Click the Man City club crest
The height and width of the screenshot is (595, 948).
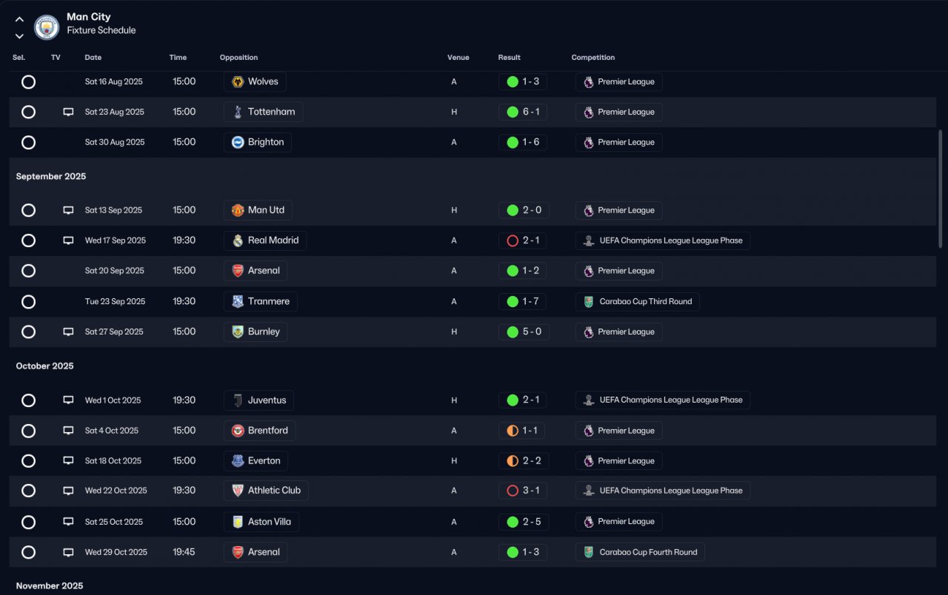[47, 27]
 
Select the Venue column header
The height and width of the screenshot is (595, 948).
[458, 58]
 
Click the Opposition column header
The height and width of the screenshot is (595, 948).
[238, 58]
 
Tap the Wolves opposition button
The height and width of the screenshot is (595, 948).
[255, 81]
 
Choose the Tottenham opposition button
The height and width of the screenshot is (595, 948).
[263, 112]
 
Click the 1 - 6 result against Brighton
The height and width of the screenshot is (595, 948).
[523, 142]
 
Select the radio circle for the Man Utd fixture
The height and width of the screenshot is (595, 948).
[28, 210]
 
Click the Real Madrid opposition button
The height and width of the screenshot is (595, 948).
[264, 241]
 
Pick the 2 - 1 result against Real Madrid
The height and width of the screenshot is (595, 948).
[523, 241]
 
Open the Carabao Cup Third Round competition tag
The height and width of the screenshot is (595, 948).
[637, 301]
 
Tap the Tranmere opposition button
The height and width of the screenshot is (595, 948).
[261, 301]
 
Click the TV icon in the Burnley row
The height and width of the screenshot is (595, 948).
[68, 332]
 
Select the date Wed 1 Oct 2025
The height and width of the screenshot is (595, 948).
[113, 400]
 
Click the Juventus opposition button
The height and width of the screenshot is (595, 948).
[258, 400]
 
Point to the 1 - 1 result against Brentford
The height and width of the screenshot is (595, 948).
[523, 431]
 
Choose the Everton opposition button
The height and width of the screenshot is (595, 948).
[256, 461]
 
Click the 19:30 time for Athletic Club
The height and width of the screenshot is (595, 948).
[184, 491]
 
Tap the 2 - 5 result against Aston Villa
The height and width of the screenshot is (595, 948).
[523, 522]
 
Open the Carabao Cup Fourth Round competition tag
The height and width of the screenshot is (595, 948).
[640, 552]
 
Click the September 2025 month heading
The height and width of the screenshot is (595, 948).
[51, 176]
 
